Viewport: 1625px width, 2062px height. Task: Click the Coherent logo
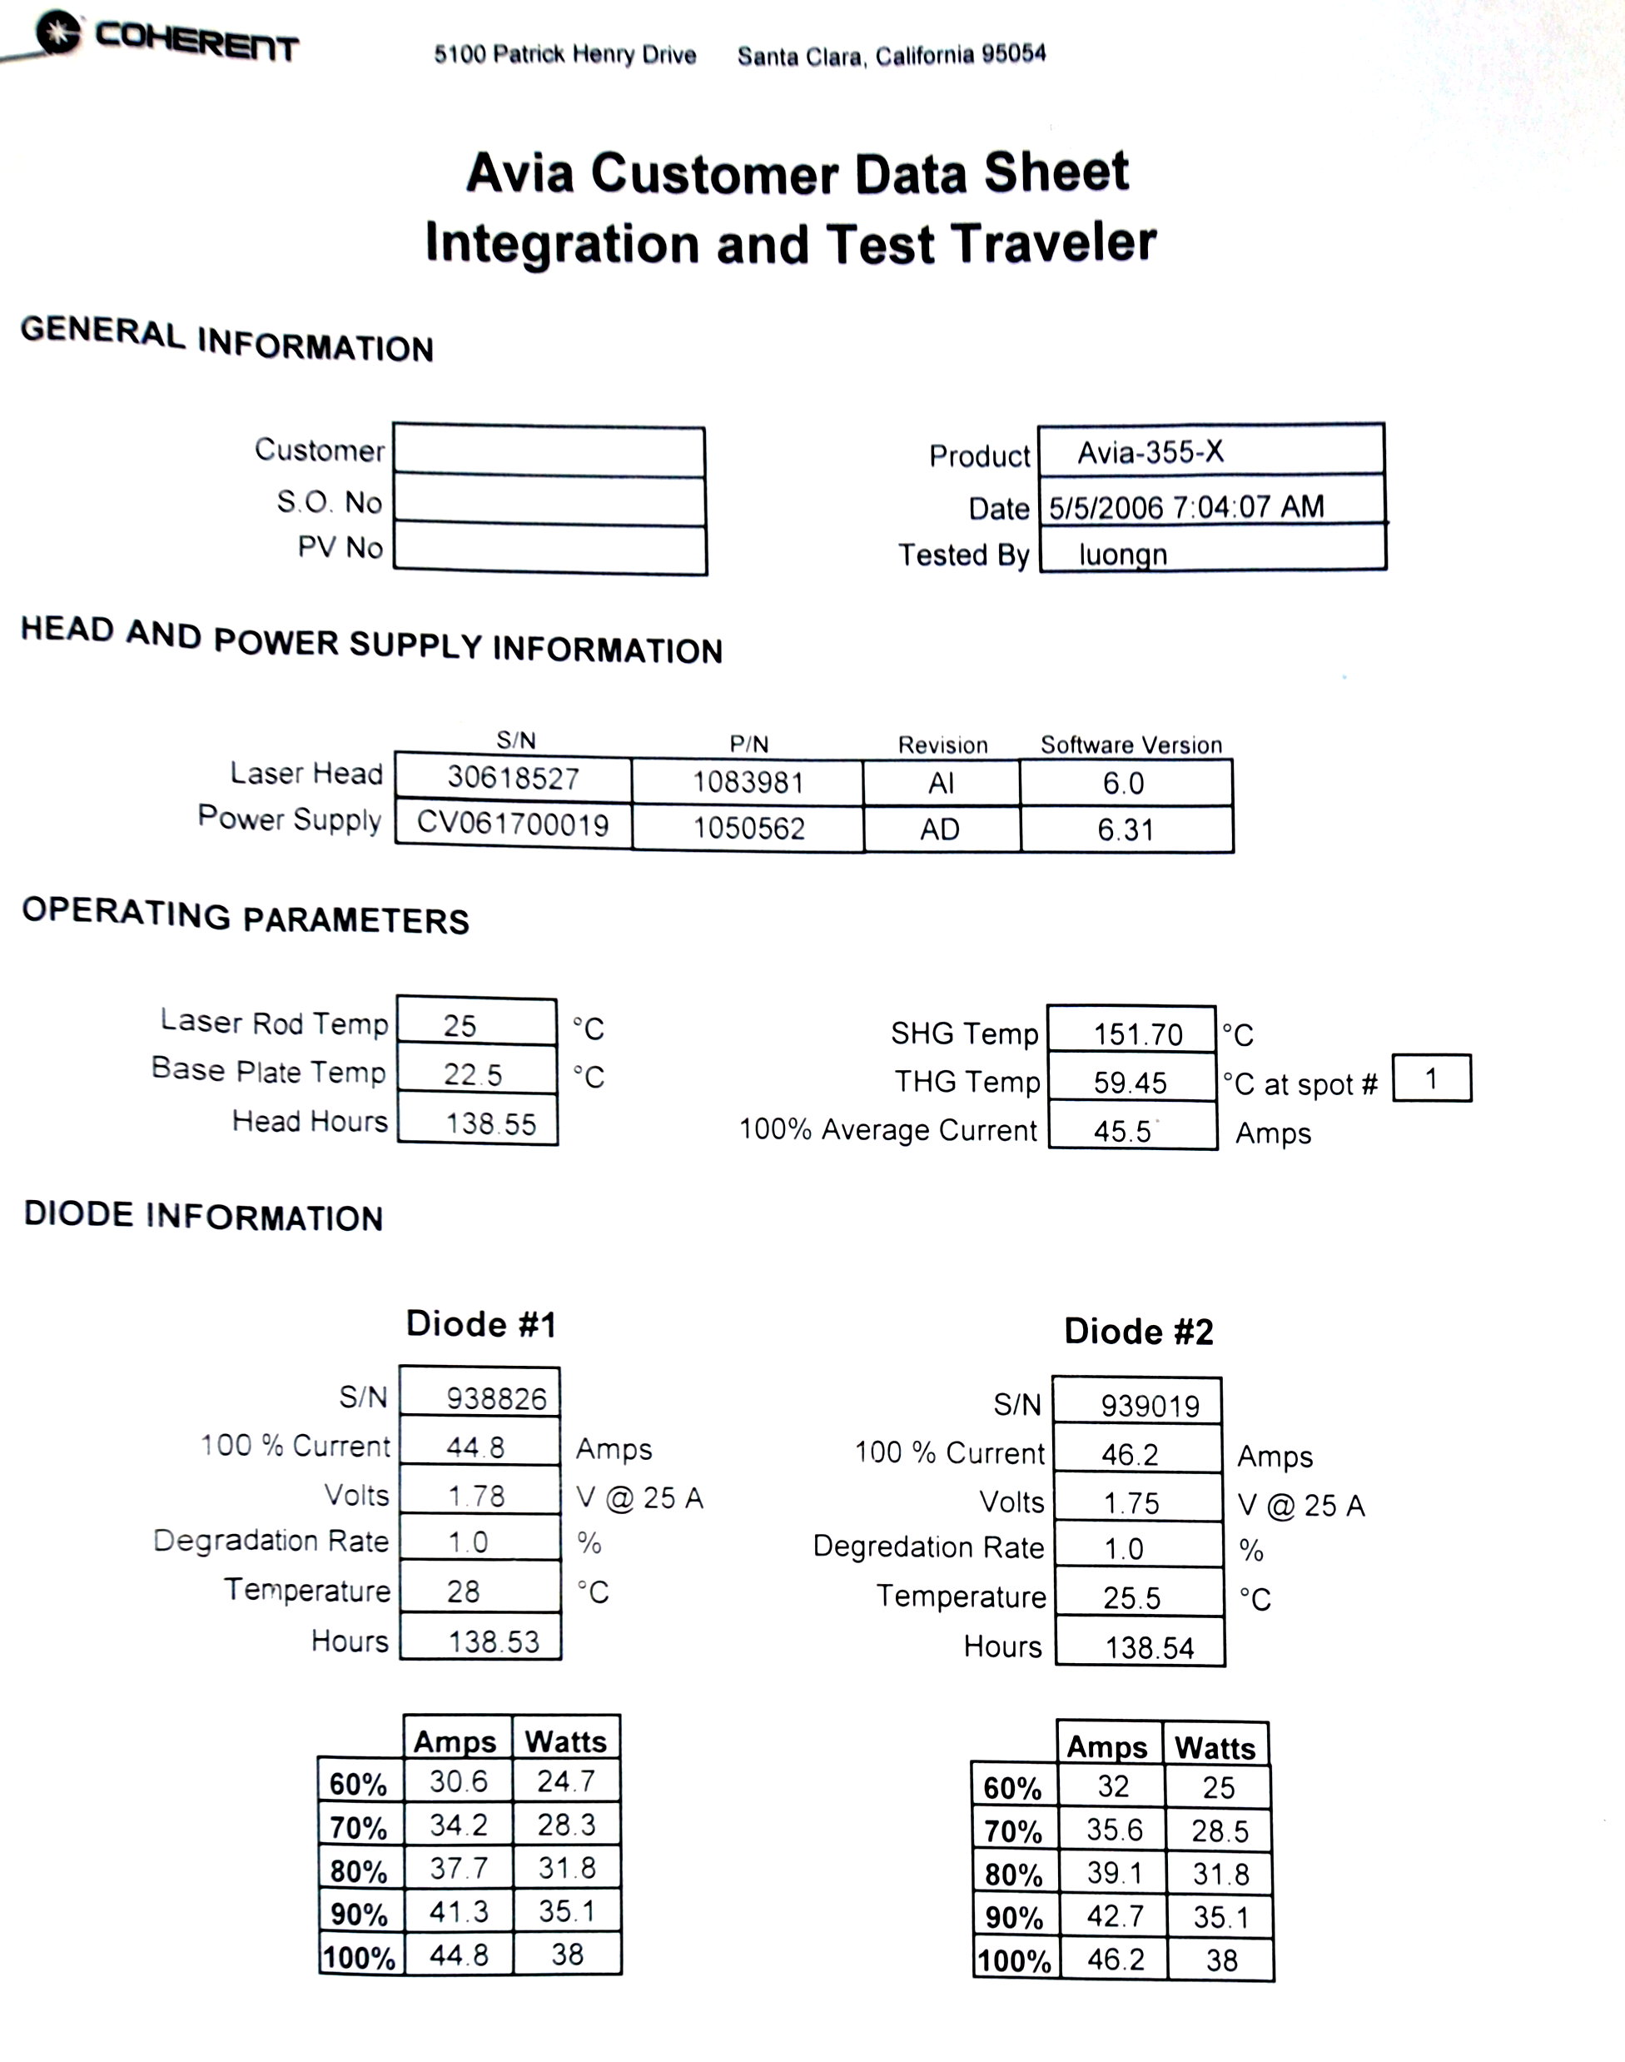click(166, 37)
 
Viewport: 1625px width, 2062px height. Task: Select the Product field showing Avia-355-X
click(1150, 452)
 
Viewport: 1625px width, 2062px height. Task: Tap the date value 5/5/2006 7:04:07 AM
click(1186, 506)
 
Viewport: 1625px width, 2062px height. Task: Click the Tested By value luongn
click(1123, 554)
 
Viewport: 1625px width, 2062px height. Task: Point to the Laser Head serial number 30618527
click(513, 779)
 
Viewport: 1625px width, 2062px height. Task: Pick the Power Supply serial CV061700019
click(513, 823)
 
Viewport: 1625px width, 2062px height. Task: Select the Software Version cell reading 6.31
click(1126, 829)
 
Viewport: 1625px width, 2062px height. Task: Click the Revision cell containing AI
click(940, 783)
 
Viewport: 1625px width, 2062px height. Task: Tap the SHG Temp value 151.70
click(1137, 1034)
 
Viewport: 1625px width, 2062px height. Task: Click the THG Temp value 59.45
click(1130, 1083)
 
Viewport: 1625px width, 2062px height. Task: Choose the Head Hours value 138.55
click(491, 1123)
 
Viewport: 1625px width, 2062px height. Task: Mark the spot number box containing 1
click(1431, 1078)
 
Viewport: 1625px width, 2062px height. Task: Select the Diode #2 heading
click(1139, 1331)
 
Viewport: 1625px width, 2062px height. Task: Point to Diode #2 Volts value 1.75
click(1131, 1503)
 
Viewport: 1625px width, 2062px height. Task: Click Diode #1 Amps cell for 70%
click(459, 1824)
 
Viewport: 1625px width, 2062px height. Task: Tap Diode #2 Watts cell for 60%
click(1218, 1788)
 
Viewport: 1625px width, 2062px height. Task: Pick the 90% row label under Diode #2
click(1014, 1917)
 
